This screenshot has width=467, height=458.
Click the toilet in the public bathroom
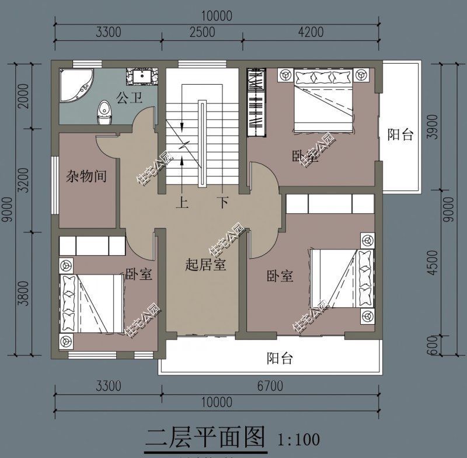(x=104, y=110)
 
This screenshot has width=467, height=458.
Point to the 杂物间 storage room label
(x=86, y=176)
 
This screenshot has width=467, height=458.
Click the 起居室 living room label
(x=205, y=265)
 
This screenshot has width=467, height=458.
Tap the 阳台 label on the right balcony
(x=400, y=135)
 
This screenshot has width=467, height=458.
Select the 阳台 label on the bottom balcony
(x=280, y=358)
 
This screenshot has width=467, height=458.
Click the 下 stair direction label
(x=222, y=203)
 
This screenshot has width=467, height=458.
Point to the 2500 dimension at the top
(x=203, y=32)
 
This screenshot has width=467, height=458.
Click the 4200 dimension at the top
(x=310, y=32)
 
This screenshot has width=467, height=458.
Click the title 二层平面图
(x=205, y=437)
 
